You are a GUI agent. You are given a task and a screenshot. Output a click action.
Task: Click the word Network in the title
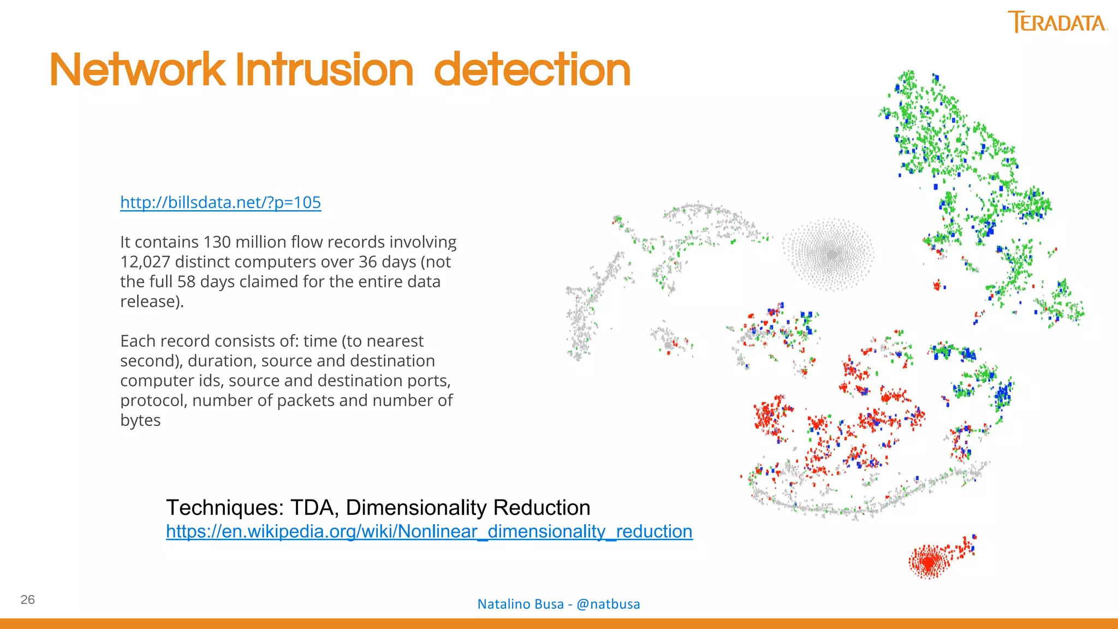point(137,70)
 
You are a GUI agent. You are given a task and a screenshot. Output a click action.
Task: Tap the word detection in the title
point(532,70)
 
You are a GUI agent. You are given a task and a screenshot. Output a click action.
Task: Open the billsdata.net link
point(221,203)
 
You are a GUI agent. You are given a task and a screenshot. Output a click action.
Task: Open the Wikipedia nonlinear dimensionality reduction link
point(429,531)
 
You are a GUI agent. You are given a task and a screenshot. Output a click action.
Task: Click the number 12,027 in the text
point(145,262)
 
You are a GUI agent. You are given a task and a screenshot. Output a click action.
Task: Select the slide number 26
point(27,600)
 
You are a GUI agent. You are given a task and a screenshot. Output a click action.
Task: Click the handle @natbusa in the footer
point(608,604)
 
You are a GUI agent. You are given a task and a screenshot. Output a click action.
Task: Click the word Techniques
point(224,508)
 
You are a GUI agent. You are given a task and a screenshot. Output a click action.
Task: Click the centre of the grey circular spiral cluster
point(831,254)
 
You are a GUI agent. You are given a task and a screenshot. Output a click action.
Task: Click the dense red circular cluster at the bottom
point(928,561)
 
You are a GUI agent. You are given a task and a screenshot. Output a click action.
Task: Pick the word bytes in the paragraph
point(140,420)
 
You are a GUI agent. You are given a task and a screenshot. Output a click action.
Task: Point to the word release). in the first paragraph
point(152,301)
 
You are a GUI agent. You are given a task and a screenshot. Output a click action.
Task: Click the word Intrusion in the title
point(324,70)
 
